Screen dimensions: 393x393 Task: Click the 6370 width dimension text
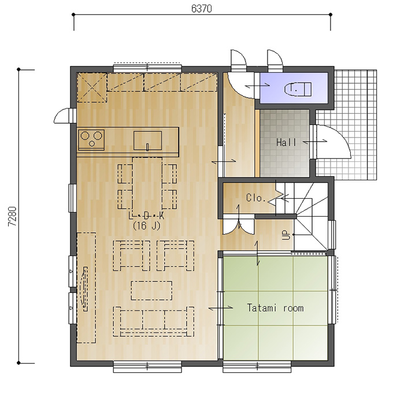click(x=201, y=9)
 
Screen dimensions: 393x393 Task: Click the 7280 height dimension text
click(x=12, y=216)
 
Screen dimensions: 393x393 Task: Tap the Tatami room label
click(x=275, y=308)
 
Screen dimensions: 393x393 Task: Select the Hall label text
click(x=283, y=142)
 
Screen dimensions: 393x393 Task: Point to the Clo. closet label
click(x=255, y=198)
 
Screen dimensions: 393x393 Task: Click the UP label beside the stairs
click(x=286, y=235)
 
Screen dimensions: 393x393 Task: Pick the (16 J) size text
click(x=146, y=226)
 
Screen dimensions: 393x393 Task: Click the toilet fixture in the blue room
click(x=298, y=89)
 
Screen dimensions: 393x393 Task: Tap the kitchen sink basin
click(x=147, y=140)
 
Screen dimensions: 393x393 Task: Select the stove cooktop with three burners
click(x=91, y=140)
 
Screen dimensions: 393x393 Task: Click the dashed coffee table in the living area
click(x=151, y=290)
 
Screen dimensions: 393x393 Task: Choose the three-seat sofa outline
click(x=153, y=321)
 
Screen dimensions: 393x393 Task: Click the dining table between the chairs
click(x=147, y=186)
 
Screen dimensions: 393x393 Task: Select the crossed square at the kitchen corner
click(x=92, y=87)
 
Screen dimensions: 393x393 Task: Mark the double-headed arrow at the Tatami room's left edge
click(x=221, y=308)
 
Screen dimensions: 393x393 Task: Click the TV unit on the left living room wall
click(x=86, y=287)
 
